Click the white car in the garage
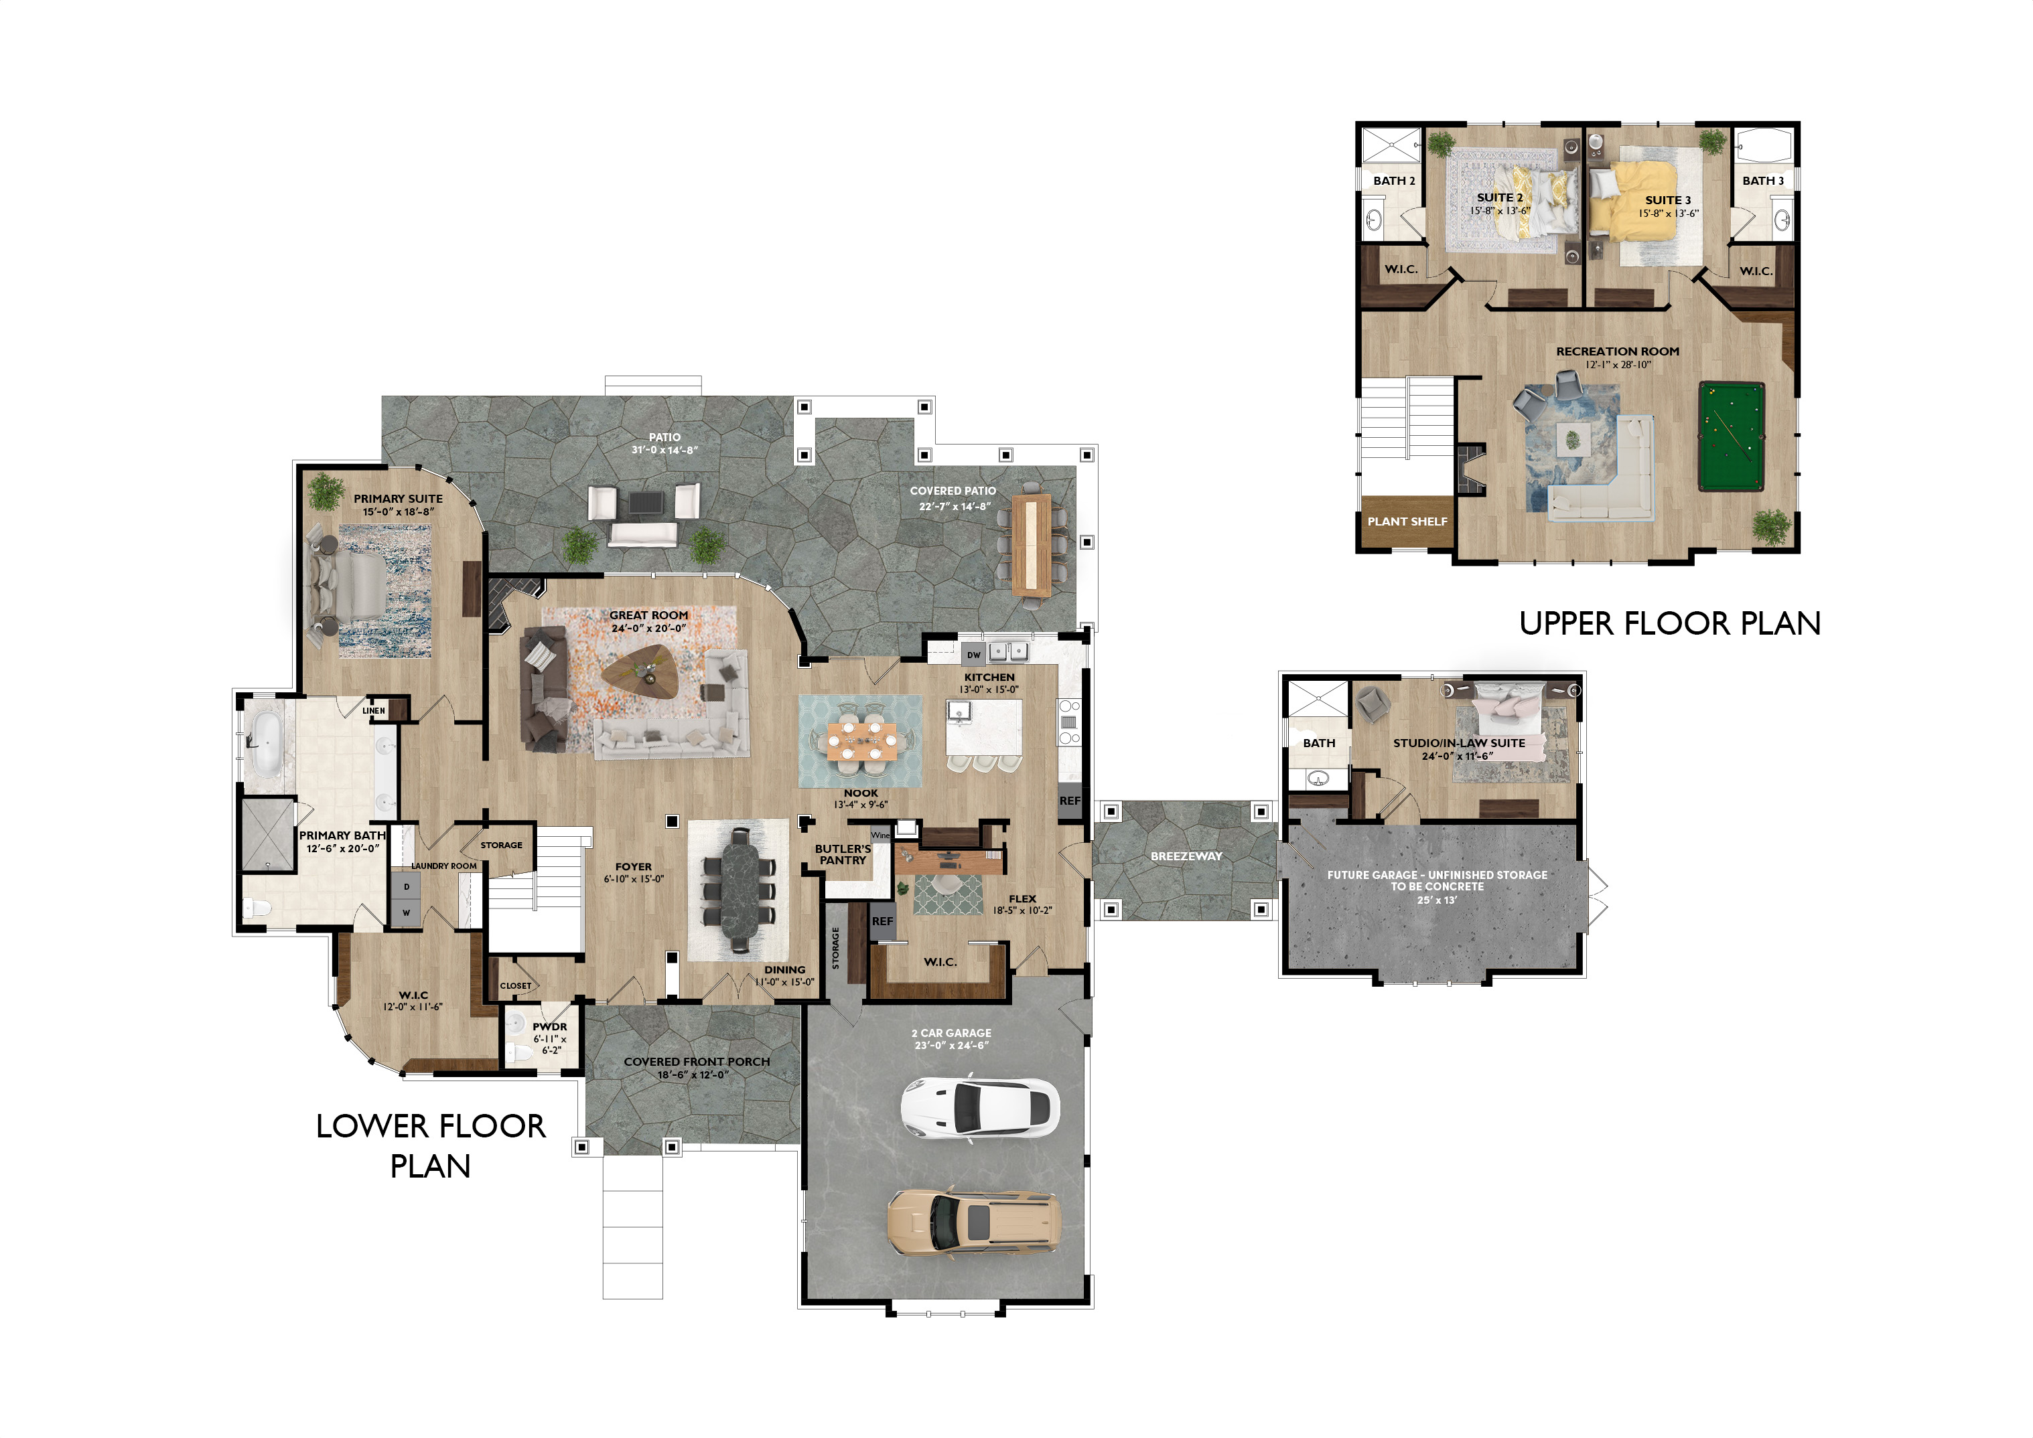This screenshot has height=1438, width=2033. click(980, 1107)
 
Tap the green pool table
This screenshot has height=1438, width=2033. click(1731, 436)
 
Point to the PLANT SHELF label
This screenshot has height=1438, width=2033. click(1407, 522)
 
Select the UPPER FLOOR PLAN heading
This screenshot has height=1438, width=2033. click(1670, 623)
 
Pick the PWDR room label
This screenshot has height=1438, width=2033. click(549, 1026)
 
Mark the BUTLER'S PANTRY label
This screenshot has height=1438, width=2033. click(843, 854)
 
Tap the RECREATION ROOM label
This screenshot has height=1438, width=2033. click(1618, 351)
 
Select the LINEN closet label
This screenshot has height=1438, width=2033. click(374, 710)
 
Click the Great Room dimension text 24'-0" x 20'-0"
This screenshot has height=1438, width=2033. click(648, 629)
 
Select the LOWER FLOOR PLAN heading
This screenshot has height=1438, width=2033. click(431, 1146)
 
